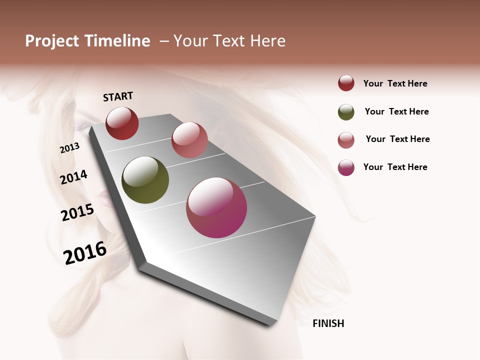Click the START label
coord(118,96)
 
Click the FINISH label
coord(328,323)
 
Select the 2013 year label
coord(69,148)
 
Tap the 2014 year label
coord(73,177)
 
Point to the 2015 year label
coord(77,212)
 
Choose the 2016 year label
coord(85,253)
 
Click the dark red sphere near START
coord(122,123)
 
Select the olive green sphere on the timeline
coord(145,180)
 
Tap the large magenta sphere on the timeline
coord(216,207)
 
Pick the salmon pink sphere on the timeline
coord(189,139)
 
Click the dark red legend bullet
coord(346,83)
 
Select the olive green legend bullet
coord(346,112)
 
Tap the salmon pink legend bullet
coord(346,140)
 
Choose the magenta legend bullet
coord(346,167)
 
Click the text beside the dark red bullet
coord(395,83)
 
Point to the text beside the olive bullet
coord(396,111)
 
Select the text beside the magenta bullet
coord(395,167)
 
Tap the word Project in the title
coord(51,41)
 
